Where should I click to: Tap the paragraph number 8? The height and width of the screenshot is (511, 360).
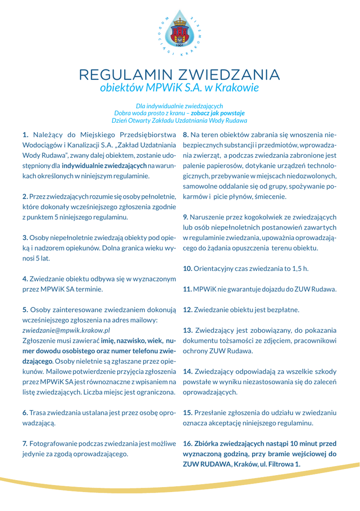click(x=186, y=134)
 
